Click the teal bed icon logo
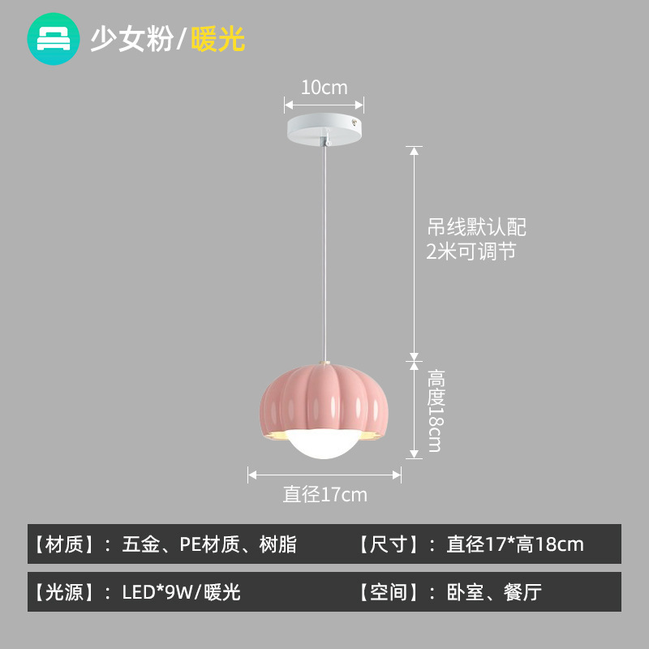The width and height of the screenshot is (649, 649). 54,38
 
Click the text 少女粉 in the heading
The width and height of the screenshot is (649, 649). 131,39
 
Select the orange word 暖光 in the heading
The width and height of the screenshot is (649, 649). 217,39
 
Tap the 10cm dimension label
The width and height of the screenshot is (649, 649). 324,88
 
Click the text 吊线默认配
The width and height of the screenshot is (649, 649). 476,226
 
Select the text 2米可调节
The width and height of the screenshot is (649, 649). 471,251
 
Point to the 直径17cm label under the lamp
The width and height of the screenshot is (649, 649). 324,494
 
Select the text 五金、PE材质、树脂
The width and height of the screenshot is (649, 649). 209,544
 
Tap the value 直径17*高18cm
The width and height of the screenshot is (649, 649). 514,544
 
